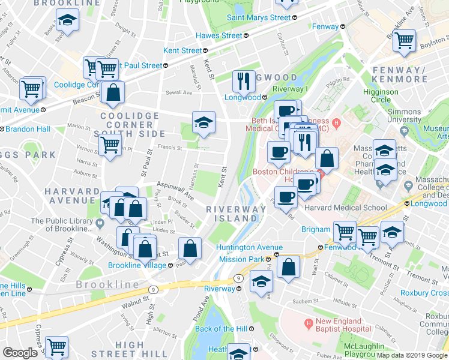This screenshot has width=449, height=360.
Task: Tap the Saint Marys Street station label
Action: coord(259,18)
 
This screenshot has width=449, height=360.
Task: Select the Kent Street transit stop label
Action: coord(183,51)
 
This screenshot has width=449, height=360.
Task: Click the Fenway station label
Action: coord(325,27)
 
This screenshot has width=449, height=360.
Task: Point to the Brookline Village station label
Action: coord(137,265)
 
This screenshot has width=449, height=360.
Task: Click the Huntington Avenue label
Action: coord(250,247)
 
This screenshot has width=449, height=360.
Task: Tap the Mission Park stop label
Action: coord(241,259)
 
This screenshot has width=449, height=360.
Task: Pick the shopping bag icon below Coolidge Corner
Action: coord(113,92)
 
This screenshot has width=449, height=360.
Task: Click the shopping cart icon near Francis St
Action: coord(110,144)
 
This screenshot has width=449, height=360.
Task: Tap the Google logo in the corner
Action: coord(20,353)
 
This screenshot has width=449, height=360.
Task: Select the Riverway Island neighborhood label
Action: coord(231,214)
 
